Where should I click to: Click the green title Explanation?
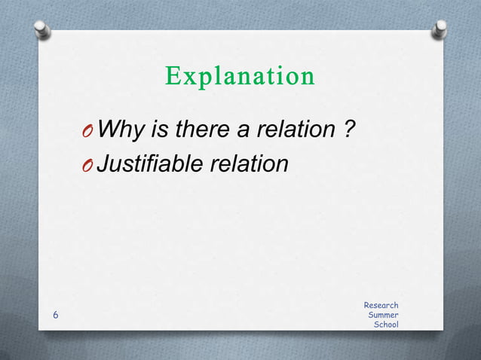click(240, 77)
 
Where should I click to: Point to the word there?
click(201, 130)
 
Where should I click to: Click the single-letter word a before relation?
click(243, 131)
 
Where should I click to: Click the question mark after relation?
click(349, 130)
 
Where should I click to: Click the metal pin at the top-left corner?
click(43, 30)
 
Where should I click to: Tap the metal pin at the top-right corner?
click(439, 30)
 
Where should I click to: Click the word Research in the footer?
click(381, 305)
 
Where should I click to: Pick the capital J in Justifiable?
click(106, 163)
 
